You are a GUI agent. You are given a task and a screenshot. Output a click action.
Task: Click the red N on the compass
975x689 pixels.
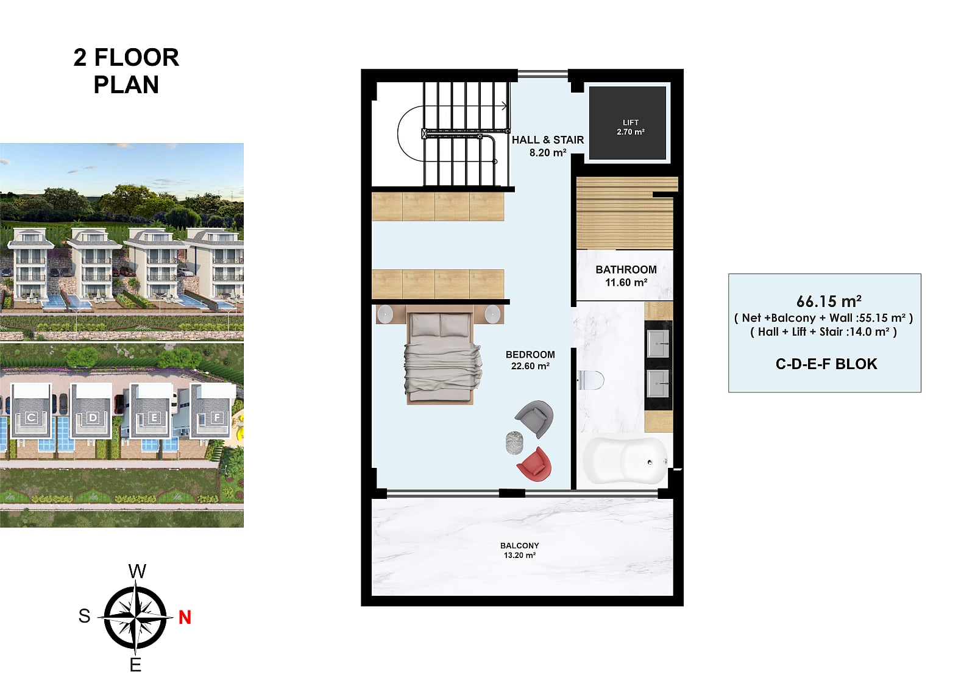pyautogui.click(x=185, y=617)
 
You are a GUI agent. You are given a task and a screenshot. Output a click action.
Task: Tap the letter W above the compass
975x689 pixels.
pyautogui.click(x=138, y=571)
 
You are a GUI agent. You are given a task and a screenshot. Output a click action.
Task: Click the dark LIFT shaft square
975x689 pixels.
pyautogui.click(x=628, y=123)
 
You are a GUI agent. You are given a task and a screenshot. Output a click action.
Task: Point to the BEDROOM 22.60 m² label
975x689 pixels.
pyautogui.click(x=530, y=360)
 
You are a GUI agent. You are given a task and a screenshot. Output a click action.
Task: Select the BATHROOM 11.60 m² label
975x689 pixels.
pyautogui.click(x=626, y=276)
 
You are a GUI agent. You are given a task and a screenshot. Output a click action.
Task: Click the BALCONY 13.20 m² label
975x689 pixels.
pyautogui.click(x=520, y=550)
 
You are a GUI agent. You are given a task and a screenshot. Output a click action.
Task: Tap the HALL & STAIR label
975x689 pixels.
pyautogui.click(x=548, y=140)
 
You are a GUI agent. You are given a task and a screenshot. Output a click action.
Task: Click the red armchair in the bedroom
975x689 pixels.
pyautogui.click(x=535, y=464)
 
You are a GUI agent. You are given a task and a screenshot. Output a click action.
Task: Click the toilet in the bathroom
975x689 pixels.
pyautogui.click(x=590, y=380)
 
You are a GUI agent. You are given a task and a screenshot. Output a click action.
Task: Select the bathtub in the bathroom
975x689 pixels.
pyautogui.click(x=625, y=461)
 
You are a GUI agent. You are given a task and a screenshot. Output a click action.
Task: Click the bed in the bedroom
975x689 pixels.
pyautogui.click(x=441, y=355)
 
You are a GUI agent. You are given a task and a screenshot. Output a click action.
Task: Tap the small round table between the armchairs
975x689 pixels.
pyautogui.click(x=514, y=443)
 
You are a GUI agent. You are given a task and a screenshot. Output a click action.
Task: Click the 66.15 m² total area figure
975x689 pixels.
pyautogui.click(x=829, y=301)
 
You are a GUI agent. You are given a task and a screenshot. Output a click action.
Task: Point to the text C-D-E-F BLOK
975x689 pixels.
pyautogui.click(x=826, y=364)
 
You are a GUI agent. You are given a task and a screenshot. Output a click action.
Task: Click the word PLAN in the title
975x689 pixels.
pyautogui.click(x=126, y=85)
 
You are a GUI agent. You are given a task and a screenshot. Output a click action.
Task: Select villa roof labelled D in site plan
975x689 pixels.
pyautogui.click(x=92, y=411)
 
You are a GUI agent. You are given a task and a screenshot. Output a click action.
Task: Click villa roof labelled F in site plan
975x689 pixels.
pyautogui.click(x=211, y=412)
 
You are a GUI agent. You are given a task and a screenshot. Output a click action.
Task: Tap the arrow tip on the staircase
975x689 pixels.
pyautogui.click(x=507, y=106)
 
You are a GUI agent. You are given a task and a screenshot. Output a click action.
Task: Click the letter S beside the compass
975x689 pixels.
pyautogui.click(x=85, y=616)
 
